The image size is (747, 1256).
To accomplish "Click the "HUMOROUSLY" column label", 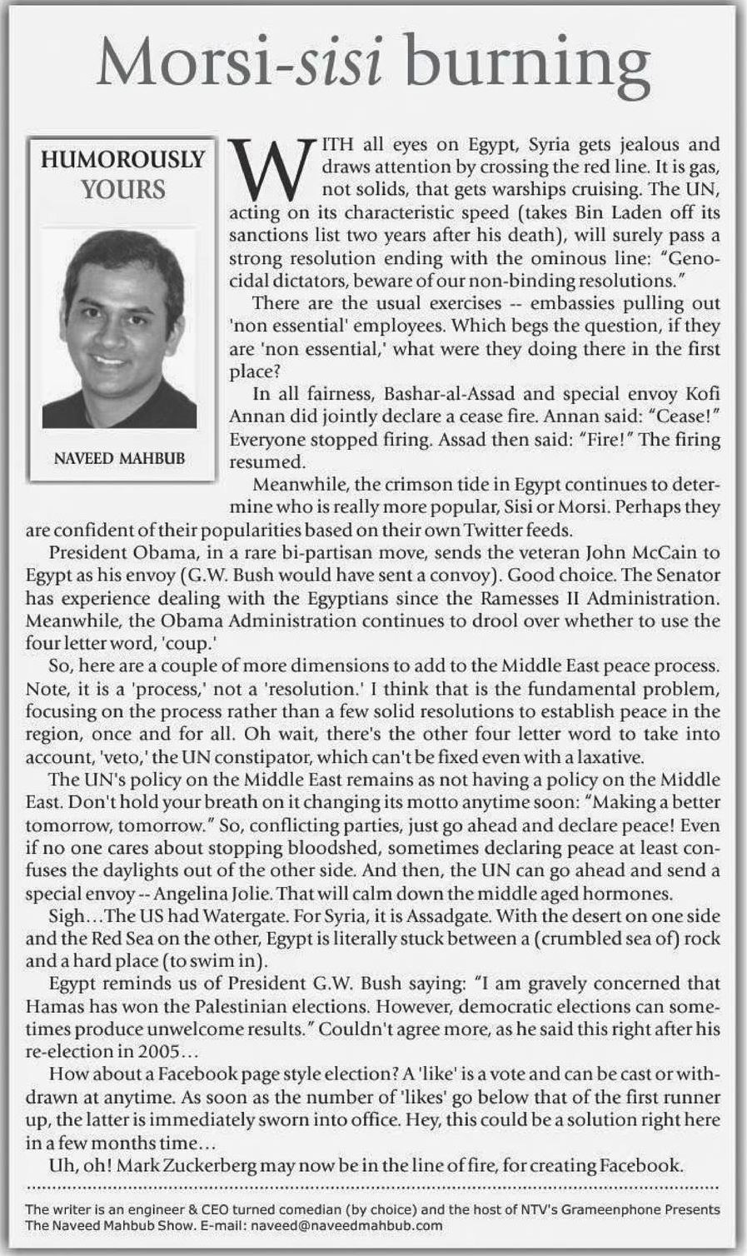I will point(122,159).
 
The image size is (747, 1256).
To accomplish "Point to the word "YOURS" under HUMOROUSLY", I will point(123,189).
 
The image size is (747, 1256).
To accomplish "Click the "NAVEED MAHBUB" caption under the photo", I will point(120,457).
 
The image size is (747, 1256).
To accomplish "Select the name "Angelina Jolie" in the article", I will point(206,894).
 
